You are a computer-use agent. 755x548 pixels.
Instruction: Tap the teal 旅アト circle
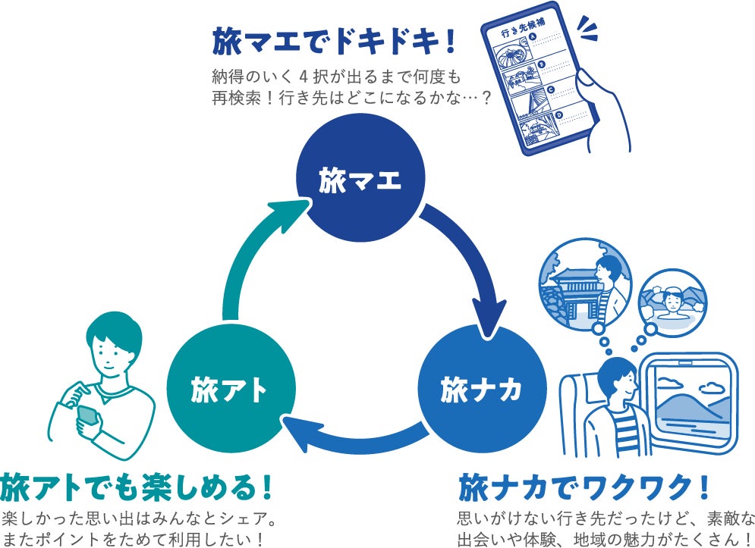[229, 390]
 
